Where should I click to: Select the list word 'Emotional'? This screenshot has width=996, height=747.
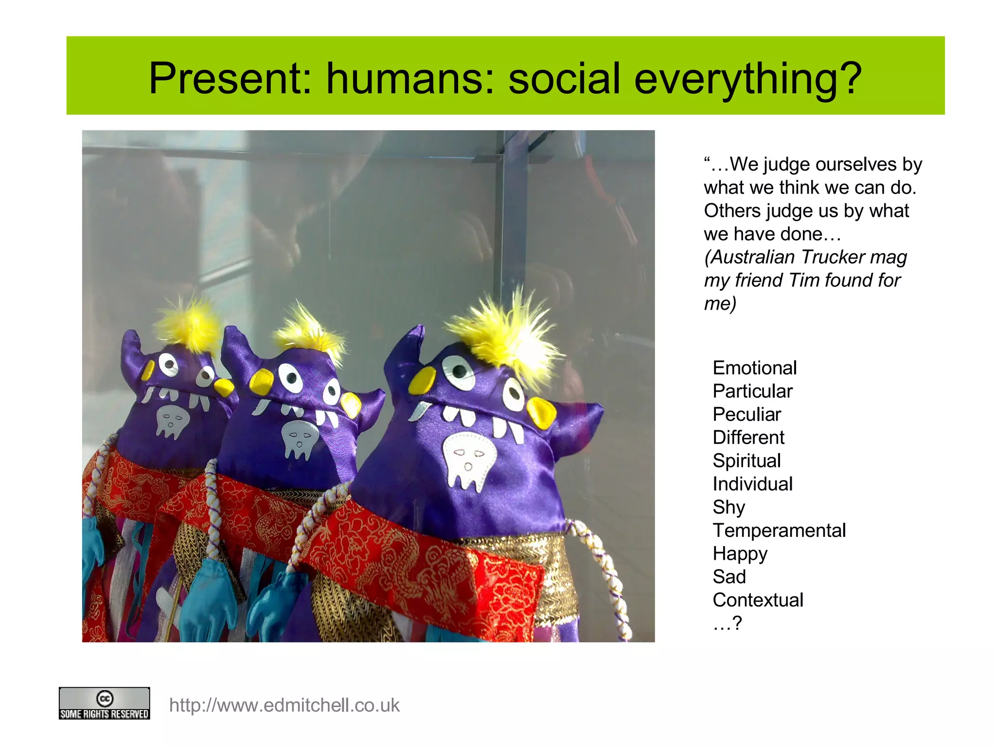pyautogui.click(x=754, y=368)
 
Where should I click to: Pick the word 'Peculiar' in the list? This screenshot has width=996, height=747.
pyautogui.click(x=747, y=414)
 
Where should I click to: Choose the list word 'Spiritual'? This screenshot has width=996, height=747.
pyautogui.click(x=747, y=461)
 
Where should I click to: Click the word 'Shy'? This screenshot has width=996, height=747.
pyautogui.click(x=729, y=507)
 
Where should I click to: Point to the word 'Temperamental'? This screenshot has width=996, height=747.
pyautogui.click(x=779, y=530)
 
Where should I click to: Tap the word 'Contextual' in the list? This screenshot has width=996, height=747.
pyautogui.click(x=758, y=600)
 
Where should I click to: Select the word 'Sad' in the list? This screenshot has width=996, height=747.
pyautogui.click(x=729, y=577)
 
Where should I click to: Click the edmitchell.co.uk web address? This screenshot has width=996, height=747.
pyautogui.click(x=284, y=705)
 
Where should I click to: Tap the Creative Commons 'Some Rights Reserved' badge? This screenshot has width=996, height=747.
pyautogui.click(x=104, y=703)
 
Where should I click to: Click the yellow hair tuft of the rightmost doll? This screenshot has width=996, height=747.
pyautogui.click(x=506, y=331)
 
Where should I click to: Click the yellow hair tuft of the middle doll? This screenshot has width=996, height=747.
pyautogui.click(x=306, y=331)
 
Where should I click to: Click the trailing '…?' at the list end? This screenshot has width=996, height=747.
pyautogui.click(x=728, y=623)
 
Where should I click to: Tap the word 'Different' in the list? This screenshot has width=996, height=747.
pyautogui.click(x=748, y=438)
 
